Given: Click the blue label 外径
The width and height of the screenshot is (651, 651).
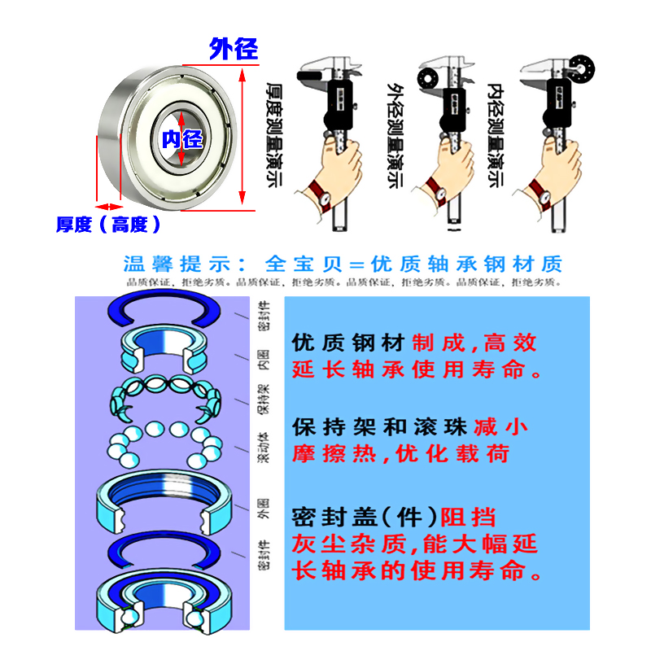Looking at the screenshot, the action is [x=234, y=49].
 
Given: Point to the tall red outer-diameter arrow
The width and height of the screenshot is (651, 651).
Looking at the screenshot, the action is [x=242, y=135].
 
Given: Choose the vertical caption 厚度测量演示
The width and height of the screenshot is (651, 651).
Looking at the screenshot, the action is [x=275, y=134].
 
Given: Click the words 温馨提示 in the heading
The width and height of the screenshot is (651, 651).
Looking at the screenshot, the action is [x=174, y=264].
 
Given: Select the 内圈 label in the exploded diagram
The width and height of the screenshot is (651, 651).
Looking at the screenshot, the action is [x=263, y=359].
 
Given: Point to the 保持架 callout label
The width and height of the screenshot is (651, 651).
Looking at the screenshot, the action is [x=263, y=400].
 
